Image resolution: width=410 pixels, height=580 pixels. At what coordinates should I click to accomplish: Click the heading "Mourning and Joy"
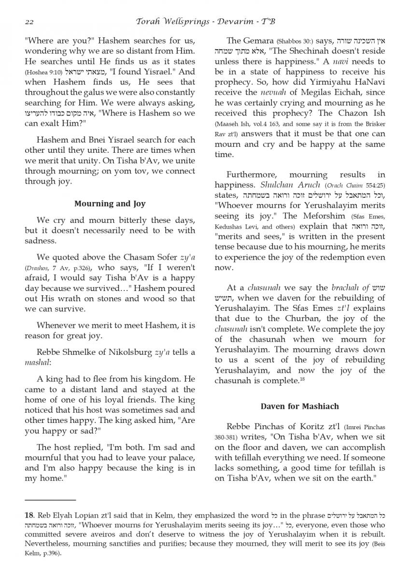[x=110, y=203]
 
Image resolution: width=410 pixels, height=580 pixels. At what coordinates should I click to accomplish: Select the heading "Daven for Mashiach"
[x=300, y=406]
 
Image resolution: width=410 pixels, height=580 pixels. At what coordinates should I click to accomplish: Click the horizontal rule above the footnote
[x=50, y=499]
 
